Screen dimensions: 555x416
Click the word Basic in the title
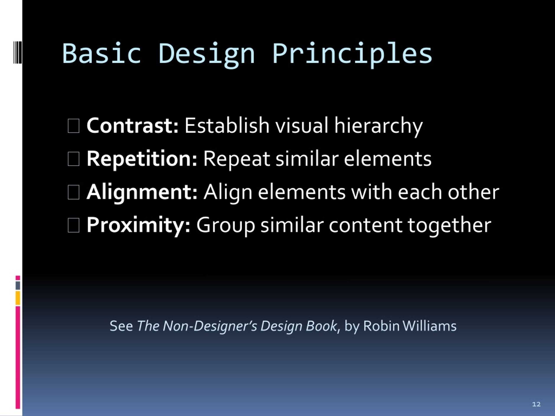(x=102, y=53)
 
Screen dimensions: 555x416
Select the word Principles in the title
(x=353, y=55)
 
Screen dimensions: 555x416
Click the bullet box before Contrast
(x=73, y=126)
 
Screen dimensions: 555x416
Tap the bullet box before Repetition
(x=73, y=159)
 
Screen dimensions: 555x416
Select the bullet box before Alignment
(x=73, y=193)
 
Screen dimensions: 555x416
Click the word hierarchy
(x=378, y=126)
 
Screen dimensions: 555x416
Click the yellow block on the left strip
(x=18, y=298)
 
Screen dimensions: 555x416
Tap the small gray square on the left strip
(x=18, y=286)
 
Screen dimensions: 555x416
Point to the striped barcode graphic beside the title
(x=18, y=52)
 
